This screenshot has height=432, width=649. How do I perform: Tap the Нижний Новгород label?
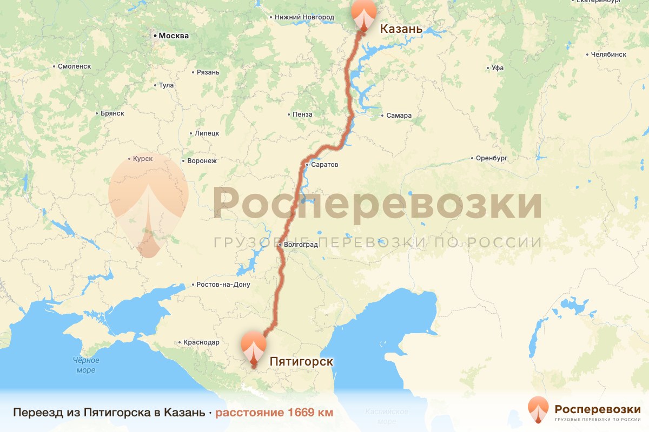[304, 17]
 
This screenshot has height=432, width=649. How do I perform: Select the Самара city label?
[399, 116]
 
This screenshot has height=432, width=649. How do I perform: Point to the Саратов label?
[325, 165]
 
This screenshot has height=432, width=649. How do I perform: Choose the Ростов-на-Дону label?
[223, 285]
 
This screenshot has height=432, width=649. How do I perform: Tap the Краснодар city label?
[201, 342]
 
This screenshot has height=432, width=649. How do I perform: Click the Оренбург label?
[492, 158]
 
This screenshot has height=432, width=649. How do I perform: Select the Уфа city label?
[498, 69]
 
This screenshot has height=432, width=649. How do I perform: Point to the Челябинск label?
[608, 55]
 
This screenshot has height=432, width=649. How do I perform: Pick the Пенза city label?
[302, 114]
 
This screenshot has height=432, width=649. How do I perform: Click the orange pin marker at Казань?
[364, 15]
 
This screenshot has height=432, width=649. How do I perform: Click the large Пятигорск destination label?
[301, 361]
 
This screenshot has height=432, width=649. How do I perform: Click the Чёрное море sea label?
[86, 365]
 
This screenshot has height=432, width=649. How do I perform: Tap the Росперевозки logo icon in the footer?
[538, 409]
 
